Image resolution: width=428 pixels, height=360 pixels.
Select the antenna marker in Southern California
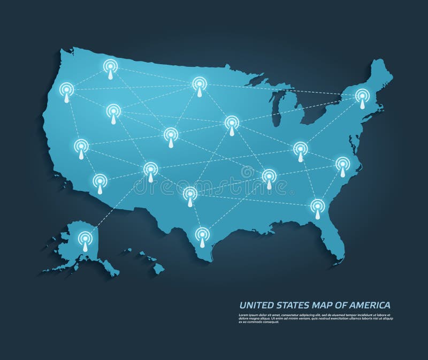tap(100, 181)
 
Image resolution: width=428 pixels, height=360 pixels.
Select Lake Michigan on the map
tap(277, 110)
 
